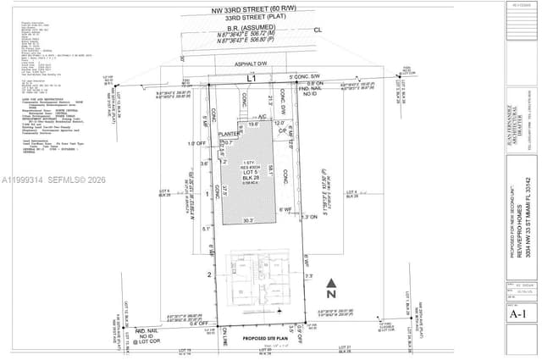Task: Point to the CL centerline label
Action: pos(318,30)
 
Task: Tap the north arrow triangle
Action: pos(333,284)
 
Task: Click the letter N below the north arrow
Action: pos(333,296)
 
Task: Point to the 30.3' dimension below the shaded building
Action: pos(248,220)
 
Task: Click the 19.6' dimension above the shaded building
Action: pos(252,124)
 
